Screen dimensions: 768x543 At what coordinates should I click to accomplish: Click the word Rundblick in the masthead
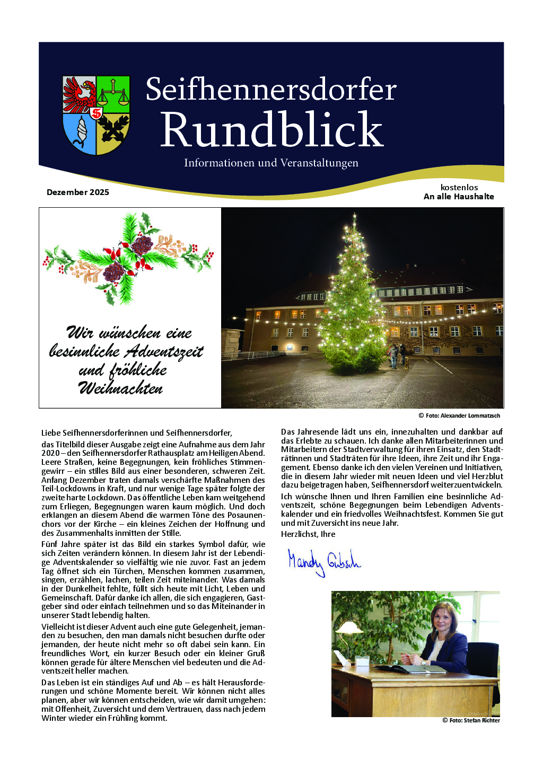pos(271,130)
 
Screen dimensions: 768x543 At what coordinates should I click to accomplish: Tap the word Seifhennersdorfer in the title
pos(271,90)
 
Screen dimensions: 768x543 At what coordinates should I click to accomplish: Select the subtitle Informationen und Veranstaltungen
pos(271,163)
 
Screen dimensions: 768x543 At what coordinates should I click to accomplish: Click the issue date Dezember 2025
pos(78,192)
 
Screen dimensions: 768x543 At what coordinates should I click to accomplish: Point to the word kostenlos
pos(459,188)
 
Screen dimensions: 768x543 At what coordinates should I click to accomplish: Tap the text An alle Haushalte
pos(459,197)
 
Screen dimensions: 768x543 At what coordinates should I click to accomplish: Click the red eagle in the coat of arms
pos(80,94)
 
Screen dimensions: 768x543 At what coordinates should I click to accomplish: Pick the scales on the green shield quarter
pos(113,94)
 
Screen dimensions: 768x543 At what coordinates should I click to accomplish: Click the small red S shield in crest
pos(97,113)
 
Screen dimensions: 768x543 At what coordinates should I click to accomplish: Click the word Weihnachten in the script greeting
pos(121,389)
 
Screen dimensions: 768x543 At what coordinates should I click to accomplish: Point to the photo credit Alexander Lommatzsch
pos(462,416)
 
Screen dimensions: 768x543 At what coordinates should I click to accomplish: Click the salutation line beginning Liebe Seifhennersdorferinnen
pos(137,433)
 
